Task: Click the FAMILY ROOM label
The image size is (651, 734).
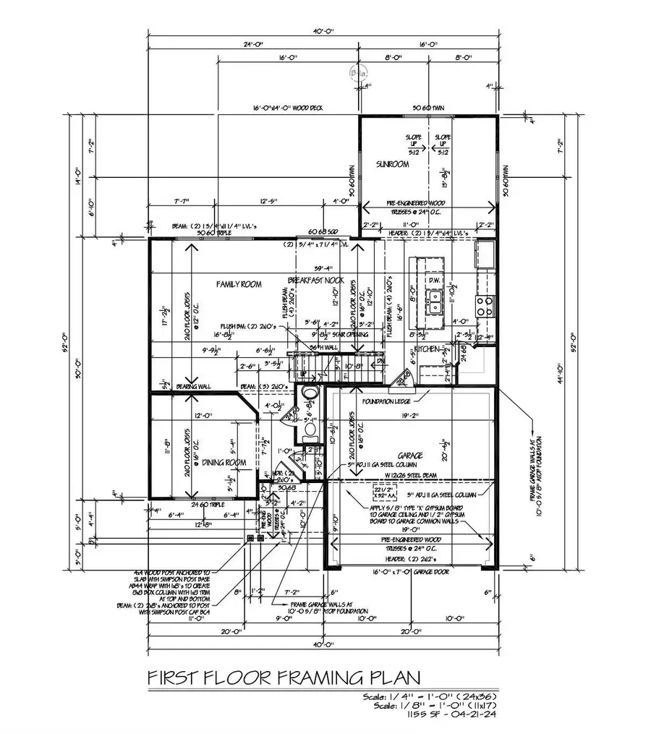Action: coord(238,284)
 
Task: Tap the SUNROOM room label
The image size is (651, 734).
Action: coord(392,165)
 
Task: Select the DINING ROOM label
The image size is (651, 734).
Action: coord(224,462)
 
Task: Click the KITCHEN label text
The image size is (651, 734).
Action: coord(427,349)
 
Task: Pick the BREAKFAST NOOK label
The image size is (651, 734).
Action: coord(315,279)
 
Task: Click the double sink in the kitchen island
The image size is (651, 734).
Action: coord(435,302)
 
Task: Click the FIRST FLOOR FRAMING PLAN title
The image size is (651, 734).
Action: coord(284,678)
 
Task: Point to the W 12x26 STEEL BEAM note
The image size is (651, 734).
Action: coord(412,474)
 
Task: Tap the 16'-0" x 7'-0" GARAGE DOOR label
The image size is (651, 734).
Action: coord(413,571)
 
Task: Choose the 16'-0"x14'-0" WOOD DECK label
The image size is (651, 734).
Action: coord(288,108)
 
